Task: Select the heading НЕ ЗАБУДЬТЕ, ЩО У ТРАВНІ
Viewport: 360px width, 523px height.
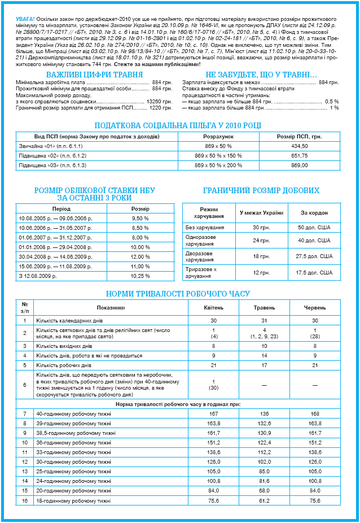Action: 261,75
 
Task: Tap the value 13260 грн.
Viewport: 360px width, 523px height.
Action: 159,101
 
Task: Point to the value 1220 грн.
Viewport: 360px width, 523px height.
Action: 160,107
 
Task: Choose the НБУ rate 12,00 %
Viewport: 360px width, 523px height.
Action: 140,256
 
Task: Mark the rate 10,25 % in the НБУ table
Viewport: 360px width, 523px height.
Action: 140,276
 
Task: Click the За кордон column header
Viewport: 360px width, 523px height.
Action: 314,212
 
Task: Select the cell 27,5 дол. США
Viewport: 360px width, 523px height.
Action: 314,256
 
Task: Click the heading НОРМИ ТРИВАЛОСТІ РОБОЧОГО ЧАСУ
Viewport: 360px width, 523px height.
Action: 178,294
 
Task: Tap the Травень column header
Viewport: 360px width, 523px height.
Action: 264,308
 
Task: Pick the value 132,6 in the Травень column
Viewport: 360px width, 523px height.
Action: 264,422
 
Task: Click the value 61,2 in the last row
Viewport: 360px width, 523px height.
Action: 264,500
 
